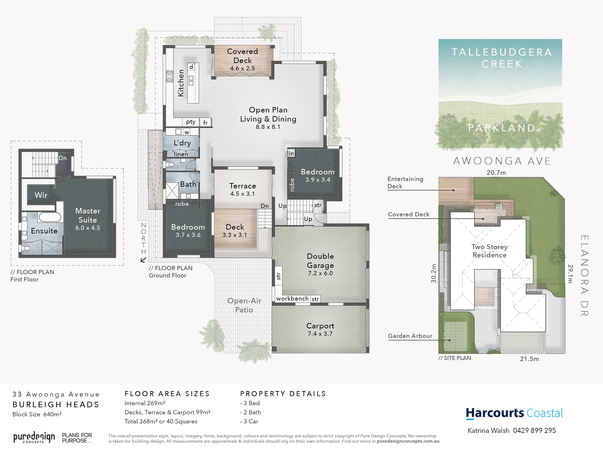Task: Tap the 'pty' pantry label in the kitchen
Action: click(x=191, y=122)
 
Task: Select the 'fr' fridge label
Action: click(x=205, y=122)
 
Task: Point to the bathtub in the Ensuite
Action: click(x=50, y=217)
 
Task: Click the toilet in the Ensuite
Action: click(x=26, y=248)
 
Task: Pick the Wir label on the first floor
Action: click(x=41, y=195)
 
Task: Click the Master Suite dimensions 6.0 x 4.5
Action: click(x=88, y=228)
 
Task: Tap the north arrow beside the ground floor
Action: click(x=144, y=260)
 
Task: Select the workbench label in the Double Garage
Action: click(x=292, y=299)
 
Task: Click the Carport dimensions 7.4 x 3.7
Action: click(x=320, y=334)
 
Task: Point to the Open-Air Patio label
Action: click(x=244, y=305)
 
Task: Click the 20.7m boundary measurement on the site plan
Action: click(x=496, y=172)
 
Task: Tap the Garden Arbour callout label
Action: click(x=410, y=336)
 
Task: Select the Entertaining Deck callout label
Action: click(x=405, y=182)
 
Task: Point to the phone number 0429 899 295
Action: click(x=535, y=431)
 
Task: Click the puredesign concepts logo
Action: click(x=34, y=438)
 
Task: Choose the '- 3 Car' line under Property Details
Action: click(x=249, y=422)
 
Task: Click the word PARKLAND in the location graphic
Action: click(x=502, y=128)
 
